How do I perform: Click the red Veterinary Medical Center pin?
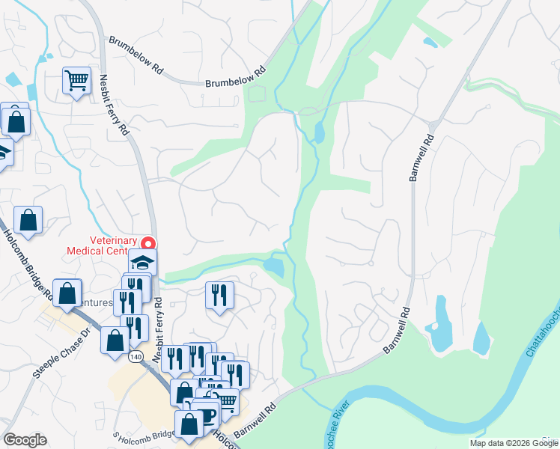[148, 244]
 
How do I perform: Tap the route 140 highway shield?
[136, 357]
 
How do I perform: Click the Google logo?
[25, 440]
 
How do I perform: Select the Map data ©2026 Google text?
[513, 443]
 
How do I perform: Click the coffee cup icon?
[206, 414]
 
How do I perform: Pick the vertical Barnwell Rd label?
[421, 158]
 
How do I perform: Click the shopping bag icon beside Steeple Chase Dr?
[116, 340]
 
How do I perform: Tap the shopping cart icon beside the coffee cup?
[226, 402]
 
